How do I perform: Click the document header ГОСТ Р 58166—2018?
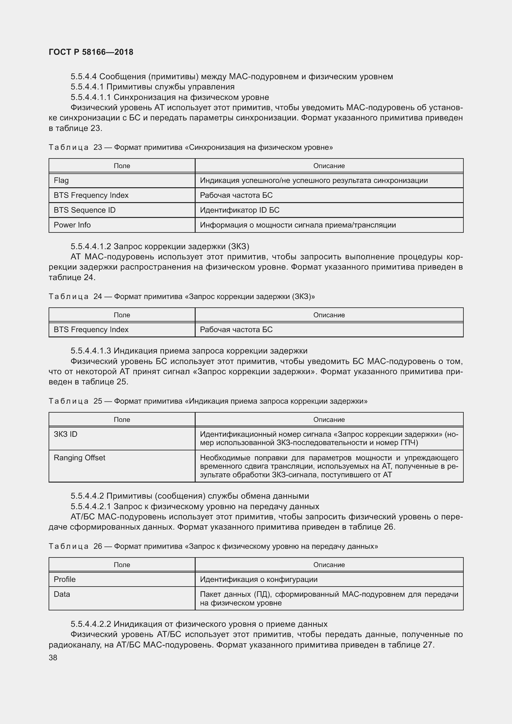click(x=91, y=52)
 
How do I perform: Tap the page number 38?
click(x=53, y=657)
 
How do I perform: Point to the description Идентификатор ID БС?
click(x=240, y=210)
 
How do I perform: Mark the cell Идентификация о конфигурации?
click(x=258, y=579)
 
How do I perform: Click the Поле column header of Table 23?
click(x=122, y=166)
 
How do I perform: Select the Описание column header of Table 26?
click(x=329, y=565)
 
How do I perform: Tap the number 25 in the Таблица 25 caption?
click(x=98, y=401)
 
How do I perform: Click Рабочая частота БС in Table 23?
click(x=236, y=195)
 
